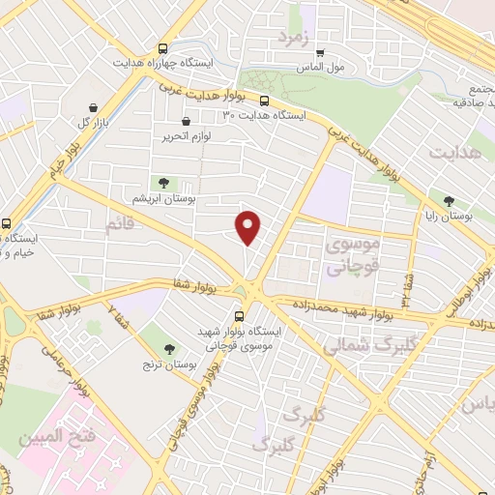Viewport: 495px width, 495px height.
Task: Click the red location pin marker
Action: click(x=248, y=227)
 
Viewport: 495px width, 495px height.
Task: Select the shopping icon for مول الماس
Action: click(x=321, y=53)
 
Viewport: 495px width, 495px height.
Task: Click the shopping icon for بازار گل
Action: click(x=91, y=107)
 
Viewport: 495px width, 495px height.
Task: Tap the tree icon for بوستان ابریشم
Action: click(x=162, y=183)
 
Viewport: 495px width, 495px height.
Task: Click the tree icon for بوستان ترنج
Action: click(x=170, y=349)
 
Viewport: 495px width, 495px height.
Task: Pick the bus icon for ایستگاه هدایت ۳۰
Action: click(x=264, y=100)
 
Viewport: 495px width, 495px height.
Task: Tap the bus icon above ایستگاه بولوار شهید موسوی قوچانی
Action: click(x=240, y=315)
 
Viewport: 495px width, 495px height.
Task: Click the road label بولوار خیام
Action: click(x=59, y=160)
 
